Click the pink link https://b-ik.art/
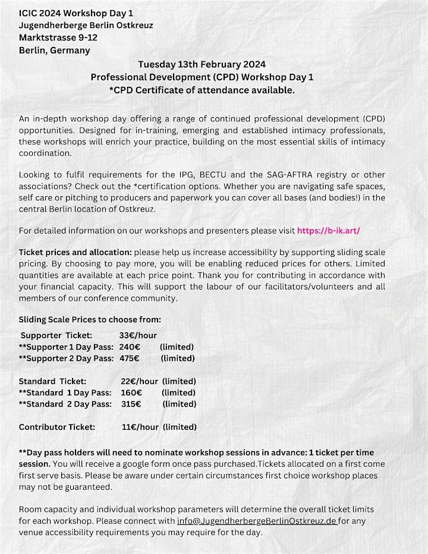(328, 230)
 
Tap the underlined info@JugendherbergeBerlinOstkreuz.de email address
(257, 521)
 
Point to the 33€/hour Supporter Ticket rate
(138, 335)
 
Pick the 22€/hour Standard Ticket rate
(140, 381)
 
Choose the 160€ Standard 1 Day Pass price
(131, 392)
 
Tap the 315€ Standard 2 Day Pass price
(130, 404)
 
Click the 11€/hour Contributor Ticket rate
(140, 427)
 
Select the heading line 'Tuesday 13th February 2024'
(202, 64)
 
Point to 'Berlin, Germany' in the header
(55, 50)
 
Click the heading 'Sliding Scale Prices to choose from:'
(90, 319)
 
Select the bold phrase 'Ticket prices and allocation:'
(75, 253)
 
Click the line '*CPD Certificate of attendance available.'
(202, 90)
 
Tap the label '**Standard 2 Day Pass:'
(65, 404)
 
